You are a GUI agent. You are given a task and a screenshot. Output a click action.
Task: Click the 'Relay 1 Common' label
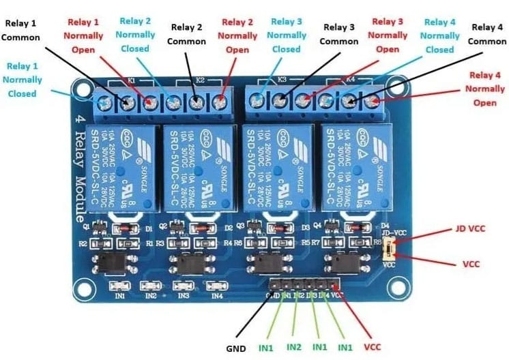21,30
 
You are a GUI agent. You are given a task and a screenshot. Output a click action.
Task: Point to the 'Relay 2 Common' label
186,35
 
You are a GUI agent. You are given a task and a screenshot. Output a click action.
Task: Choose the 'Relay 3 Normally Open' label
388,35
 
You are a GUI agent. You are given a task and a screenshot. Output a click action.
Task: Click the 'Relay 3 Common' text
339,35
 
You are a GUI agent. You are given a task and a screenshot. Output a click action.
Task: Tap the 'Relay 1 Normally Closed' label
25,79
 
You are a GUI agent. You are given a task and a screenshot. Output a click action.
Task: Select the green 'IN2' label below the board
294,347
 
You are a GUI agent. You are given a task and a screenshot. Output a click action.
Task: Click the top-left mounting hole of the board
83,89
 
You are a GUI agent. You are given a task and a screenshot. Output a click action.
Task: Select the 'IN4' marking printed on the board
217,295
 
